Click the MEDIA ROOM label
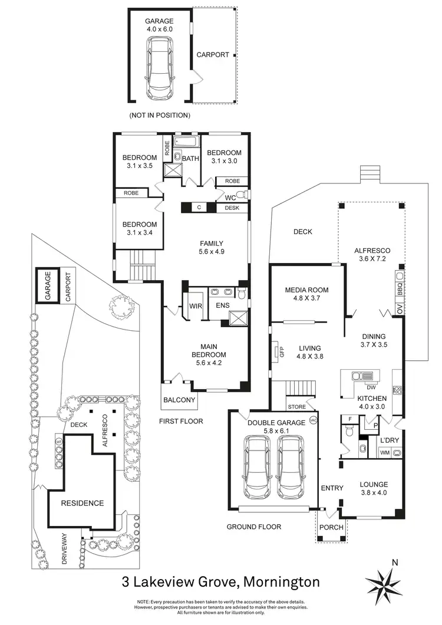tap(306, 290)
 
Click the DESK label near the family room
tap(232, 208)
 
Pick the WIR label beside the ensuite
tap(195, 306)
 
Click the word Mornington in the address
tap(281, 583)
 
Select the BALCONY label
tap(179, 400)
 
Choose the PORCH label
tap(331, 527)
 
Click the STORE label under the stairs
tap(297, 407)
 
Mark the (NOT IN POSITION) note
tap(159, 115)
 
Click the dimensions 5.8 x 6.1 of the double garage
tap(276, 431)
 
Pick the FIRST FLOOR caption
tap(181, 421)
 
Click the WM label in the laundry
tap(385, 453)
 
